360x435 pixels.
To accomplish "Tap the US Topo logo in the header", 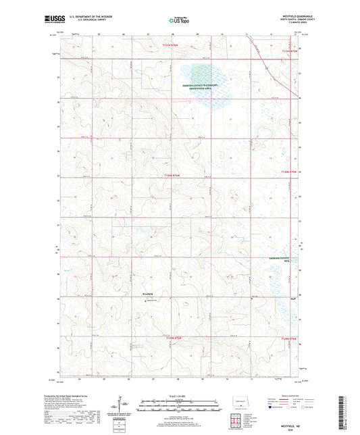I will pos(179,20).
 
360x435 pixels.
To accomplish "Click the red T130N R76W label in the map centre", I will pos(174,176).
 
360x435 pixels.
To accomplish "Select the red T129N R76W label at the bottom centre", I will pos(174,339).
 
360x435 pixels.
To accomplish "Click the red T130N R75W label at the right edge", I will pos(289,174).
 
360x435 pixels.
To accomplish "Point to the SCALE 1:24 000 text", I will pos(180,395).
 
